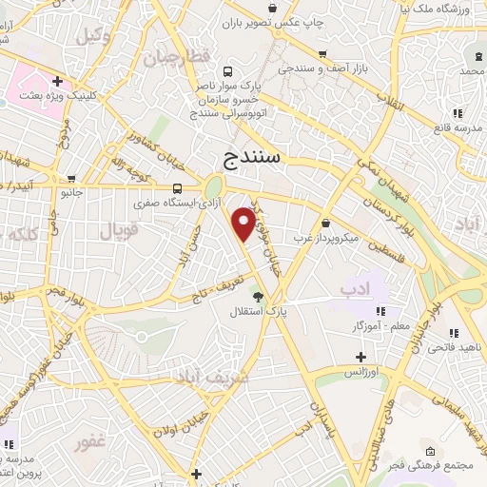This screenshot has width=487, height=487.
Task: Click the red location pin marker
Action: [x=245, y=223]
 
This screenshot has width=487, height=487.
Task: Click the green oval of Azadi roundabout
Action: [x=213, y=186]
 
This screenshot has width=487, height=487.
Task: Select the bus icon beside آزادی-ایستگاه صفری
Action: [x=179, y=188]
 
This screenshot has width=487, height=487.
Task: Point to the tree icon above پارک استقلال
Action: [x=254, y=296]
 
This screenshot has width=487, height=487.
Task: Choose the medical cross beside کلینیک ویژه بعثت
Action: [x=58, y=82]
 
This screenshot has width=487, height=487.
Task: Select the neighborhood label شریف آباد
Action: [x=210, y=377]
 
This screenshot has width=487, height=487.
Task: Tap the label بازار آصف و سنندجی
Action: [x=320, y=69]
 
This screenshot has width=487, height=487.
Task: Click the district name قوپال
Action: [x=119, y=229]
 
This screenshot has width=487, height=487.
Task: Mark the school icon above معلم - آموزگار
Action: [x=380, y=312]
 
